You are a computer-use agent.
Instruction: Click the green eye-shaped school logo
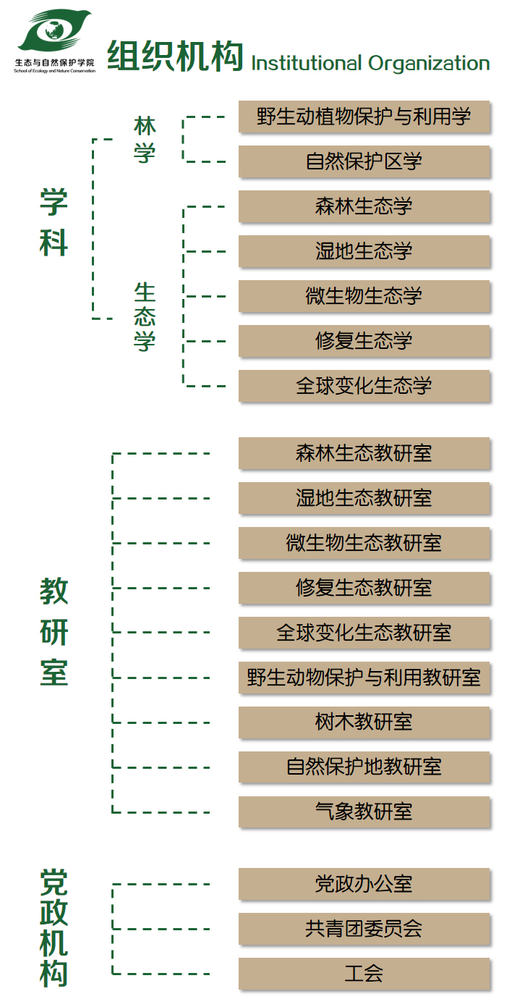pos(54,31)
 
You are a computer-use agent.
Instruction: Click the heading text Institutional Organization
pos(370,63)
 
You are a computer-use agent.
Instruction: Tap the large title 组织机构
pos(175,56)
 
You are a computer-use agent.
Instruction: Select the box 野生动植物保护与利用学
pos(364,117)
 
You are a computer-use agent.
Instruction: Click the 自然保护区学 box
pos(364,161)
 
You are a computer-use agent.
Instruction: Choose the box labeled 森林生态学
pos(364,206)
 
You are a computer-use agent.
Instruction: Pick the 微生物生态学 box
pos(364,296)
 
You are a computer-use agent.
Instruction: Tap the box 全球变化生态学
pos(364,386)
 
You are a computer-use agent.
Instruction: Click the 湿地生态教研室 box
pos(364,498)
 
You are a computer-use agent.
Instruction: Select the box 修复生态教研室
pos(364,588)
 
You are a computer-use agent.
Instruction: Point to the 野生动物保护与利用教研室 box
pos(364,678)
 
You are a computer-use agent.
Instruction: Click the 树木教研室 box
pos(364,722)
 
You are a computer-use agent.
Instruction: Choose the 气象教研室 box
pos(364,812)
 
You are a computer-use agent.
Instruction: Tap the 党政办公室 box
pos(364,884)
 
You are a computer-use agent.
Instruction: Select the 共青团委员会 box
pos(364,929)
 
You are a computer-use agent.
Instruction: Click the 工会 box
pos(364,974)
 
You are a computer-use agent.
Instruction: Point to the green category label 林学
pos(145,140)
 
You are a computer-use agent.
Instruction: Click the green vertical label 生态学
pos(145,316)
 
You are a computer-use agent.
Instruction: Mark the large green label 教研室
pos(54,631)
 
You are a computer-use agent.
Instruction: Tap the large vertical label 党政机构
pos(54,928)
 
